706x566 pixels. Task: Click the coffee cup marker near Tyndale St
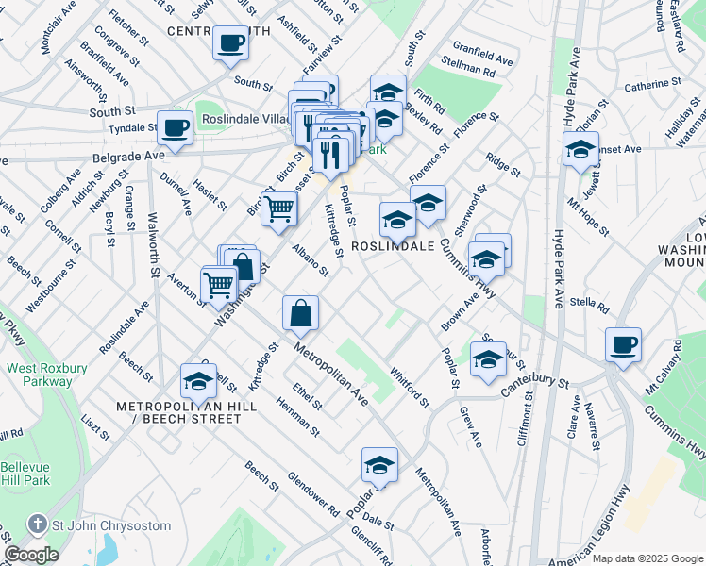click(175, 127)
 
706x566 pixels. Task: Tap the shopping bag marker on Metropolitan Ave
click(300, 313)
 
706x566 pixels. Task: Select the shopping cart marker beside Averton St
click(218, 282)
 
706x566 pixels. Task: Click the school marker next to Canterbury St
click(488, 359)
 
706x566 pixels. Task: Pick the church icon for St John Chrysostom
click(36, 524)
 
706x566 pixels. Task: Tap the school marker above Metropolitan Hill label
click(198, 380)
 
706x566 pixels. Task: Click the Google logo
click(31, 555)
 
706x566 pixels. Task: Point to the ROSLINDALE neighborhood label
click(393, 245)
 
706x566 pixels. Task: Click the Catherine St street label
click(646, 86)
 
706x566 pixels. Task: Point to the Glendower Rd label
click(312, 493)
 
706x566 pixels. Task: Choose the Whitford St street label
click(410, 388)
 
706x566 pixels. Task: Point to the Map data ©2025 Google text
click(647, 558)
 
